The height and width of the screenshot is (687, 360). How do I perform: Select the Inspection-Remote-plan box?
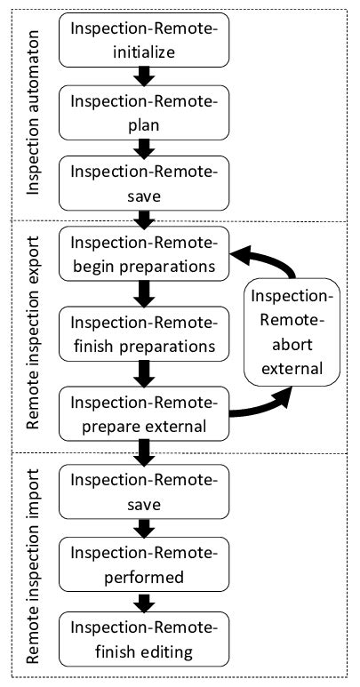143,110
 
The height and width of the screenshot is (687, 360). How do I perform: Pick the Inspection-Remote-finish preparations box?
143,332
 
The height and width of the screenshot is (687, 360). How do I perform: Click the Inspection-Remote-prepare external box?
143,414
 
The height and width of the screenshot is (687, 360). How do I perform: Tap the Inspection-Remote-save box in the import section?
143,492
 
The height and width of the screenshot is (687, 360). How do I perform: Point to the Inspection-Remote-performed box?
143,565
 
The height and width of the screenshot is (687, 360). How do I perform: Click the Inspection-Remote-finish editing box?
143,640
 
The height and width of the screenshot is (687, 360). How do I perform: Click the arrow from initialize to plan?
143,77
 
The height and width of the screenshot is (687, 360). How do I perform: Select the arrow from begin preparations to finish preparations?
143,292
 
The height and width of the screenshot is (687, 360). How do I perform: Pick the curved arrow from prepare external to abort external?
267,407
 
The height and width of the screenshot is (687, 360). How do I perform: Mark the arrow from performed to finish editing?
143,603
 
